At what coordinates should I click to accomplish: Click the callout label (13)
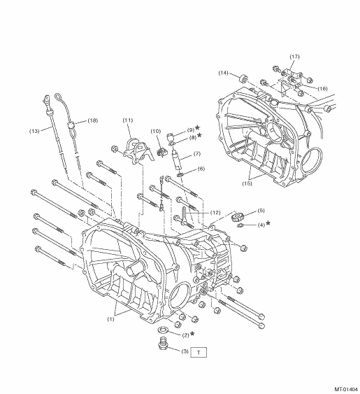(x=34, y=131)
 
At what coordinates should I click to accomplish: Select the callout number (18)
(x=93, y=120)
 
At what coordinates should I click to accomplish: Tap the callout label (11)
(x=128, y=120)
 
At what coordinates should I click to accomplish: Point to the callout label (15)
(x=247, y=183)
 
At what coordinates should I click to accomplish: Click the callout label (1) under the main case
(x=110, y=319)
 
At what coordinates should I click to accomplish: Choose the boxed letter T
(x=199, y=352)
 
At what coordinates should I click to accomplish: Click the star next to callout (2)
(x=192, y=333)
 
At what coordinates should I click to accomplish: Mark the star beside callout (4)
(x=268, y=223)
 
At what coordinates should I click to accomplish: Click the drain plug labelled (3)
(x=163, y=344)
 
